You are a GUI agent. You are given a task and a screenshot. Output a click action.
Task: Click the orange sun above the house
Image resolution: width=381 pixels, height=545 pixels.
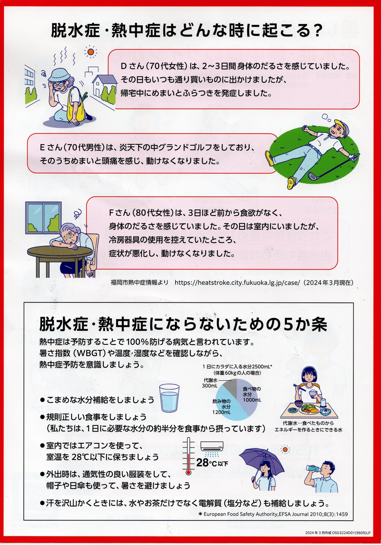(x=90, y=52)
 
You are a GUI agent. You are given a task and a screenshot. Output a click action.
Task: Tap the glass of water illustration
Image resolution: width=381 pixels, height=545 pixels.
(x=169, y=398)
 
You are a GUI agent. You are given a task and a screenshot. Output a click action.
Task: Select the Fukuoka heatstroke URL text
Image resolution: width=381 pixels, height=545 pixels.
(x=237, y=282)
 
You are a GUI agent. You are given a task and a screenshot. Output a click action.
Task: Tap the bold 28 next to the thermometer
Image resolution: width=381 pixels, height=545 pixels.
(x=202, y=462)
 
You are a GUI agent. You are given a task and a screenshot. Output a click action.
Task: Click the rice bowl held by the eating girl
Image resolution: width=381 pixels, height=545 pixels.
(x=313, y=394)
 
